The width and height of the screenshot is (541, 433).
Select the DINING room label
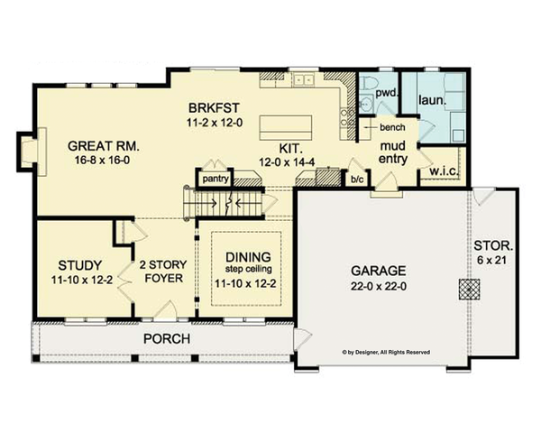(x=248, y=256)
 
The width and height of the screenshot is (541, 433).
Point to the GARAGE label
(x=380, y=270)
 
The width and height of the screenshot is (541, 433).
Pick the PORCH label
(x=164, y=339)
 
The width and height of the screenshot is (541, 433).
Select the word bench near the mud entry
(x=390, y=129)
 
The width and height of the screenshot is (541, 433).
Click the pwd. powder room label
(x=388, y=93)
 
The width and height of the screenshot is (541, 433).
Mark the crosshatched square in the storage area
(x=470, y=289)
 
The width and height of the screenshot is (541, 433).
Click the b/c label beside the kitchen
(x=358, y=179)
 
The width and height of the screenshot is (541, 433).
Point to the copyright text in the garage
(x=385, y=352)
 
